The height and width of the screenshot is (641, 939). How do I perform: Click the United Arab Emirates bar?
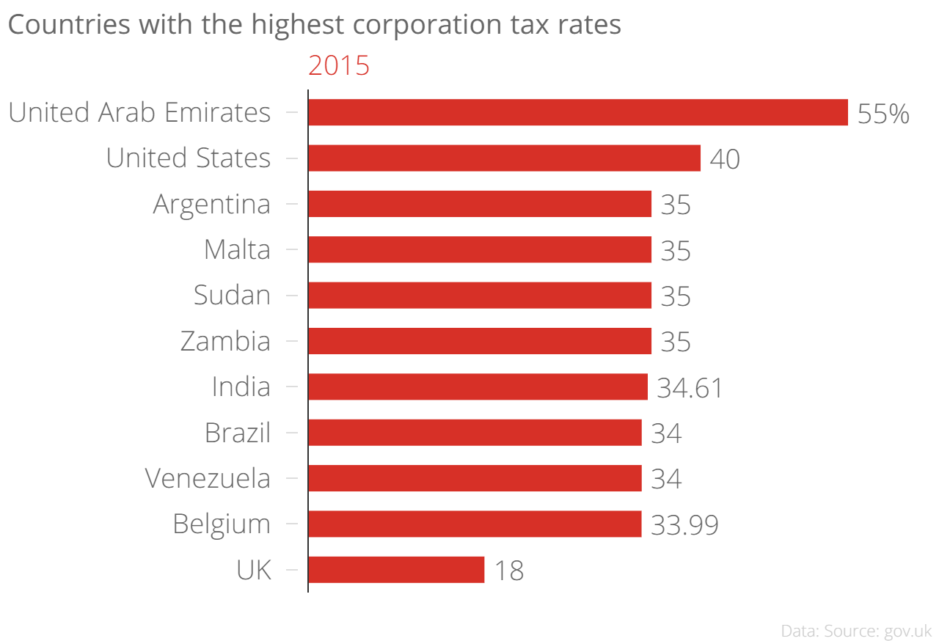(x=577, y=112)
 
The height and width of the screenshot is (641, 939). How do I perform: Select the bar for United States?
(x=504, y=158)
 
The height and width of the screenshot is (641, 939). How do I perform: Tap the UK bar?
(x=396, y=570)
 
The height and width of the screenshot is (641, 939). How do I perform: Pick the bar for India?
(x=478, y=387)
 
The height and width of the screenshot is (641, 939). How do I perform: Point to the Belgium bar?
(x=475, y=524)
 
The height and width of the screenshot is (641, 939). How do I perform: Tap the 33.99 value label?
(x=684, y=526)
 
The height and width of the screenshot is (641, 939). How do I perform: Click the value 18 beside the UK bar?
(x=508, y=571)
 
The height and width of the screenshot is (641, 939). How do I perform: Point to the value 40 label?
(x=725, y=160)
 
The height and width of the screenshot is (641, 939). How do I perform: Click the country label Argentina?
(x=211, y=204)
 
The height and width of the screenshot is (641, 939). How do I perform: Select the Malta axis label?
(x=237, y=250)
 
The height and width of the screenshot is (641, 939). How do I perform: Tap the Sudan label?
(x=232, y=296)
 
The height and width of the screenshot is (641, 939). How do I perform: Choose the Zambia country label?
(x=225, y=342)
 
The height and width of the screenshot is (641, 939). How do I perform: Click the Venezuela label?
(x=208, y=479)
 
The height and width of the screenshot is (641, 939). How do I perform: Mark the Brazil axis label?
(x=238, y=433)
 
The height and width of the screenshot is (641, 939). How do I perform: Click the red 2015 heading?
(x=339, y=66)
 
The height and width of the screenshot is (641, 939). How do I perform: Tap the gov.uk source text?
(x=907, y=631)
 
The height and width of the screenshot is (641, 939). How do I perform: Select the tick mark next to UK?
(x=292, y=570)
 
